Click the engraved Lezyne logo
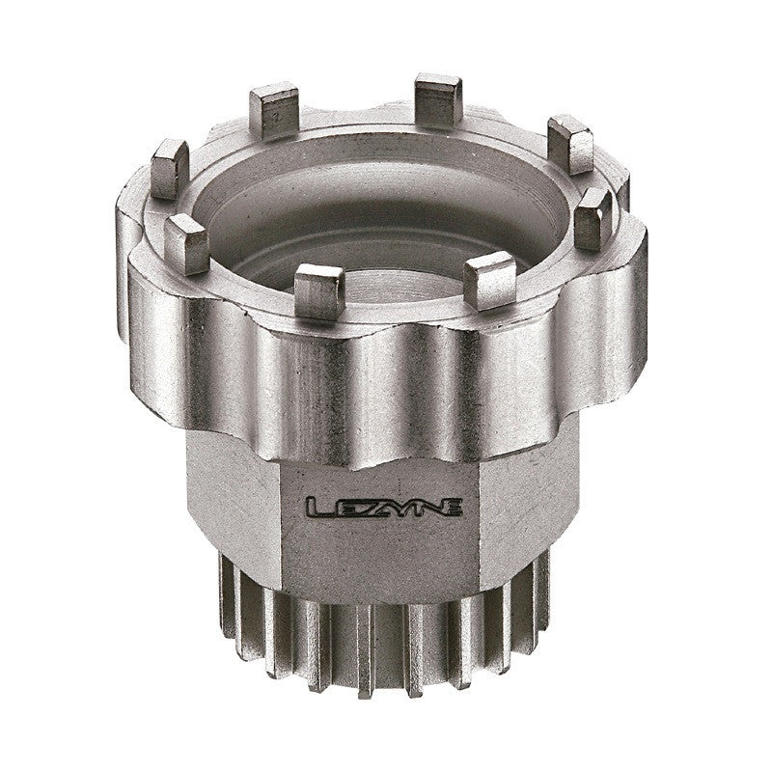tap(383, 505)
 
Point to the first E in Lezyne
tap(341, 506)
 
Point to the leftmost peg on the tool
tap(170, 166)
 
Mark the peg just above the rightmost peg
tap(569, 142)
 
